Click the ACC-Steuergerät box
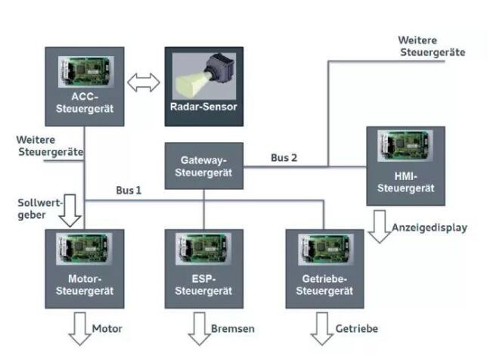click(x=85, y=87)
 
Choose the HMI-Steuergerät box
click(x=405, y=166)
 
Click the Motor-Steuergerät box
click(x=85, y=268)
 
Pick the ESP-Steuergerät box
click(x=204, y=268)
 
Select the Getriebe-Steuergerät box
click(x=324, y=268)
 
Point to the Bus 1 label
click(x=129, y=190)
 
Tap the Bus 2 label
click(x=284, y=158)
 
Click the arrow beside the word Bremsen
click(x=198, y=331)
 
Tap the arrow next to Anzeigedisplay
click(x=378, y=227)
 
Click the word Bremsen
click(x=233, y=329)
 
